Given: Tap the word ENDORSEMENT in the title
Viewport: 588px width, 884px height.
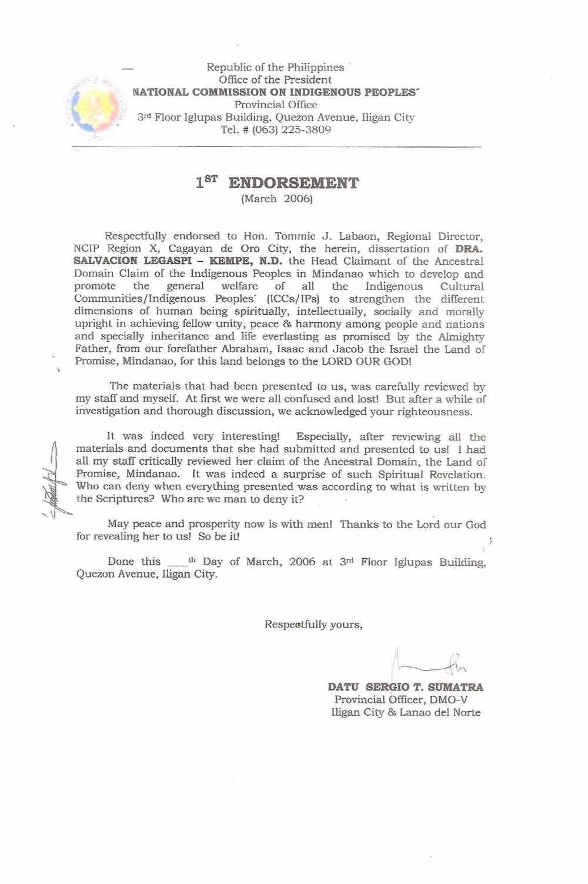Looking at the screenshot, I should pos(293,183).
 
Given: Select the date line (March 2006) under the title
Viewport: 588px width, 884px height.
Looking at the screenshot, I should pos(277,199).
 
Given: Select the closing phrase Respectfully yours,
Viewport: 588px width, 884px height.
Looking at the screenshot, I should pos(313,625).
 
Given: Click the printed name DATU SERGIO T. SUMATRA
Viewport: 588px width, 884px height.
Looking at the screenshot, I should pos(406,687).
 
